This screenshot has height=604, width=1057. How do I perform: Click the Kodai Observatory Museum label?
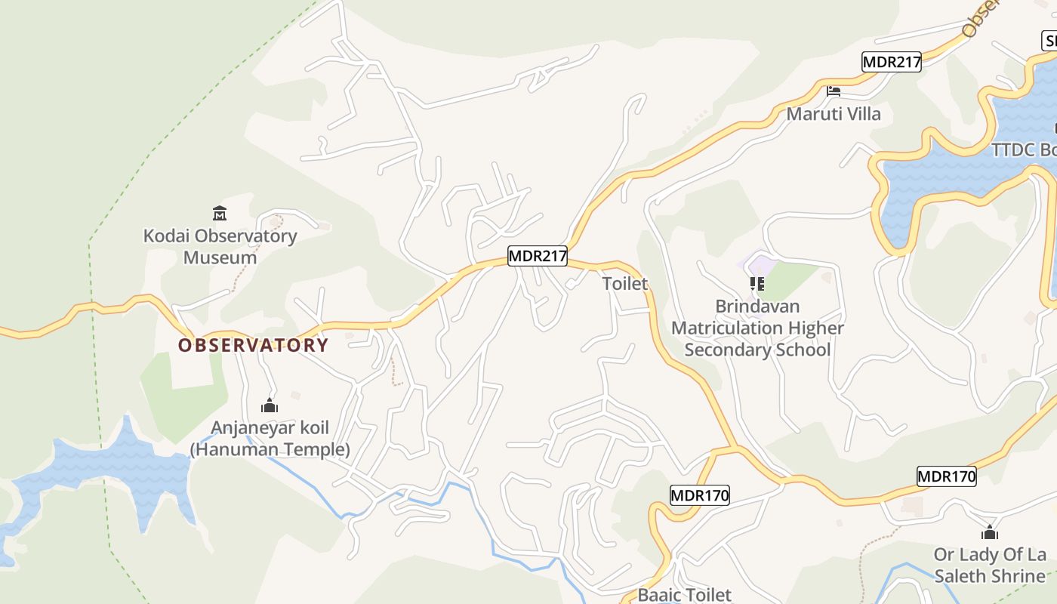pos(220,246)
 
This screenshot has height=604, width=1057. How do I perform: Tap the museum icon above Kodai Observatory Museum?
pos(220,214)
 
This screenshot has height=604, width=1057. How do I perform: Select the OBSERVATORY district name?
pos(253,345)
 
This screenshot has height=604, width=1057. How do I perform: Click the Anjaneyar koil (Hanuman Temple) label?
pos(270,439)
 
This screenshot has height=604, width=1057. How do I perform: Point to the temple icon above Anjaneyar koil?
pos(270,406)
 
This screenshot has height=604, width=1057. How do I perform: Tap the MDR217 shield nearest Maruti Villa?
pos(892,62)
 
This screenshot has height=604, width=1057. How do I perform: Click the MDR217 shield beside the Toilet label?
pos(537,256)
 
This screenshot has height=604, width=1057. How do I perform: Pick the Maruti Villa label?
pos(834,114)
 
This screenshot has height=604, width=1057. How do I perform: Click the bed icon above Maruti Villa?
pos(834,91)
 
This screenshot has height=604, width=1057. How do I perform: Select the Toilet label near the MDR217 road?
pos(625,284)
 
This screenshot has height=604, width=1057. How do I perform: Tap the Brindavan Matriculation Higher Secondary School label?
pos(757,328)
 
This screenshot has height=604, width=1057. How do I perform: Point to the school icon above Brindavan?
pos(757,284)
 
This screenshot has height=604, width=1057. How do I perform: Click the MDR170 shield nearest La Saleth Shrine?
pos(946,476)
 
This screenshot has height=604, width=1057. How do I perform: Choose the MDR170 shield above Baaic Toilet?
pos(699,495)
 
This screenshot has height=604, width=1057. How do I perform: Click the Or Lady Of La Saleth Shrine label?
pos(990,565)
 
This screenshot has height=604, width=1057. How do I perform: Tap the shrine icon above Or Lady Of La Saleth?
pos(990,532)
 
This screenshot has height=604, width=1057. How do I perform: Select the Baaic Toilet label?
pos(684,595)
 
